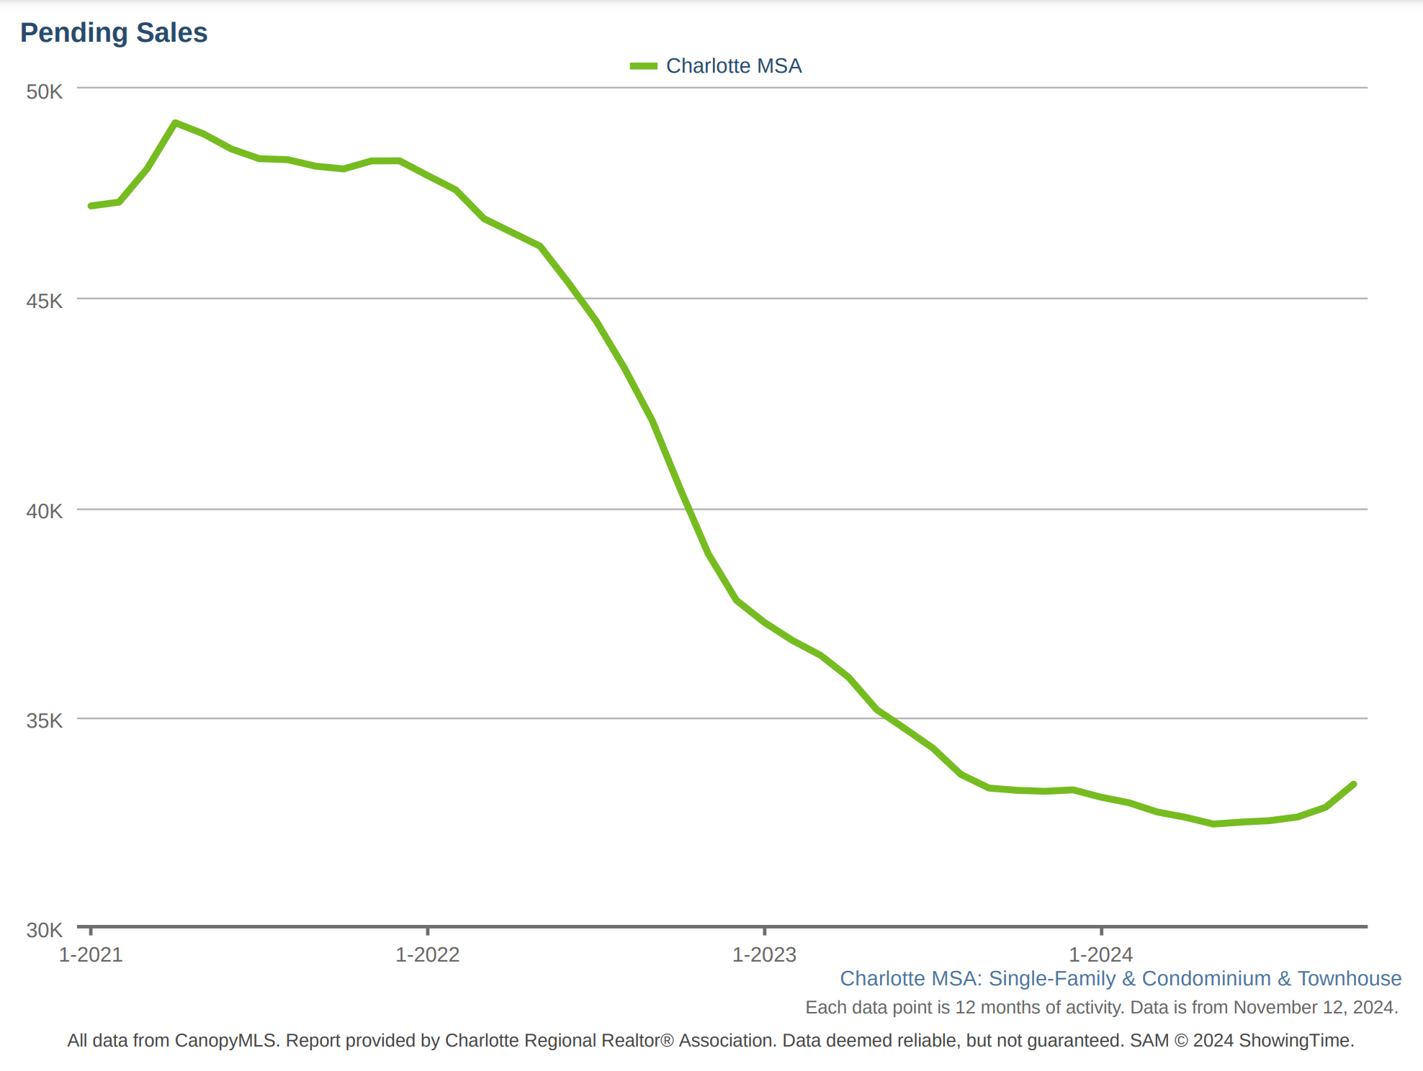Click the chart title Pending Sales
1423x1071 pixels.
coord(114,33)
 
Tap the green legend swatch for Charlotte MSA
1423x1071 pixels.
coord(643,66)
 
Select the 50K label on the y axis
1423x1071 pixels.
coord(45,92)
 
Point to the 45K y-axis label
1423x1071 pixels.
coord(45,301)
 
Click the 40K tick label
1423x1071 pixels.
coord(45,511)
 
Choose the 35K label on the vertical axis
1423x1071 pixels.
coord(45,720)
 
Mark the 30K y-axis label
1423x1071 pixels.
coord(45,930)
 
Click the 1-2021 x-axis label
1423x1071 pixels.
coord(91,954)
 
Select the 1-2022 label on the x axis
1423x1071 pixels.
coord(428,954)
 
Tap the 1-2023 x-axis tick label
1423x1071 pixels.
coord(764,954)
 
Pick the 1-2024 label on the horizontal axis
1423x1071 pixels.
coord(1100,954)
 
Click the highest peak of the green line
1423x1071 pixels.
coord(175,123)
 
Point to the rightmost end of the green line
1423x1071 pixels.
coord(1354,784)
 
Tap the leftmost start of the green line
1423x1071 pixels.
coord(91,206)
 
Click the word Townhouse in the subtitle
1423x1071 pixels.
coord(1349,978)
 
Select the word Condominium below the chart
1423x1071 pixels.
coord(1206,978)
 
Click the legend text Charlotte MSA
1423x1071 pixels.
coord(733,66)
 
